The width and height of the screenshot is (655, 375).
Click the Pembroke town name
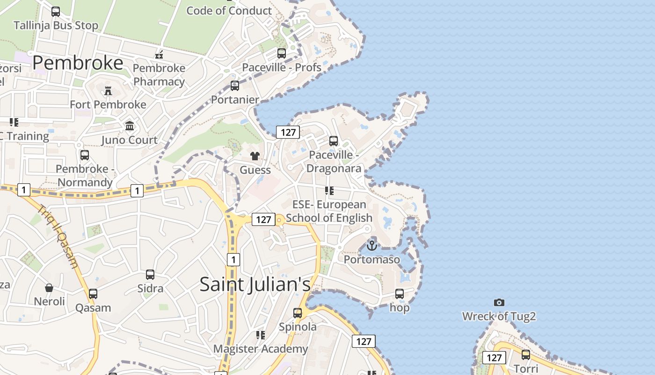point(78,63)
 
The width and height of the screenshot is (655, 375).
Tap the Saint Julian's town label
point(255,284)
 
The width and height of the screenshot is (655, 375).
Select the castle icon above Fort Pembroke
point(108,90)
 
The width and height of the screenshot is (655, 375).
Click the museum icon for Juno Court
point(130,126)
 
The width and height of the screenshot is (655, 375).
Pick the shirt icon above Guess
point(255,156)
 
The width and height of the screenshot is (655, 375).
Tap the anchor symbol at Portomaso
point(372,245)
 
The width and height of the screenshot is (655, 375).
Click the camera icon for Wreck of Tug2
point(499,303)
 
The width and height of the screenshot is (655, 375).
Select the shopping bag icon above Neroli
point(49,287)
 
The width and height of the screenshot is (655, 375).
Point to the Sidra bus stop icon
point(150,275)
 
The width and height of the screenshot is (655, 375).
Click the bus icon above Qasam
point(93,294)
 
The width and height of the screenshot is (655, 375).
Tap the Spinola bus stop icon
point(298,313)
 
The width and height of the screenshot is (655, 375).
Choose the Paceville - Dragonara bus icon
point(334,141)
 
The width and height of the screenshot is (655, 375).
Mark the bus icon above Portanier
point(235,86)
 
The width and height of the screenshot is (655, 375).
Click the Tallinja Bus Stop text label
point(56,25)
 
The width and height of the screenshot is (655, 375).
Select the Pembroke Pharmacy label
point(159,75)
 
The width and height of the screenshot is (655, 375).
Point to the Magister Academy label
point(261,349)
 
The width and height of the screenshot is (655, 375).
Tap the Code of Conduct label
point(229,10)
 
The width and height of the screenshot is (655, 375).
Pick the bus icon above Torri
point(526,355)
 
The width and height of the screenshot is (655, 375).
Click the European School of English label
point(329,211)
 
